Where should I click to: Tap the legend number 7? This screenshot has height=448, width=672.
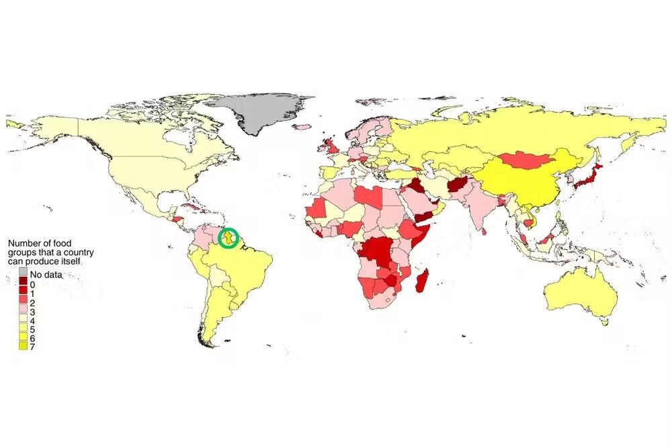point(32,347)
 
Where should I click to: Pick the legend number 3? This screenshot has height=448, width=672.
point(32,312)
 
